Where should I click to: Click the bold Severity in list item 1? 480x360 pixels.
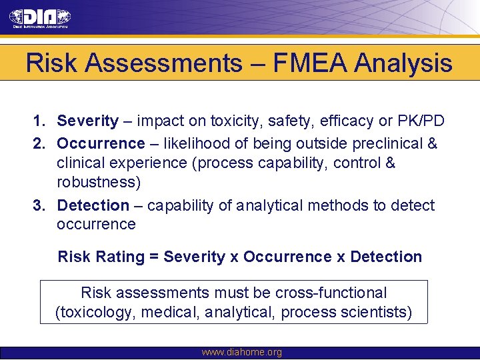click(x=87, y=121)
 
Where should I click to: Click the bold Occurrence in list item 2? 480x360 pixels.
click(x=101, y=143)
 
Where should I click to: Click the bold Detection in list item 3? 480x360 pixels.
click(x=93, y=205)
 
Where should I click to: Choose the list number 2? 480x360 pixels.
click(x=39, y=143)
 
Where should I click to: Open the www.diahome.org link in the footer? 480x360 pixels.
click(x=241, y=353)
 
